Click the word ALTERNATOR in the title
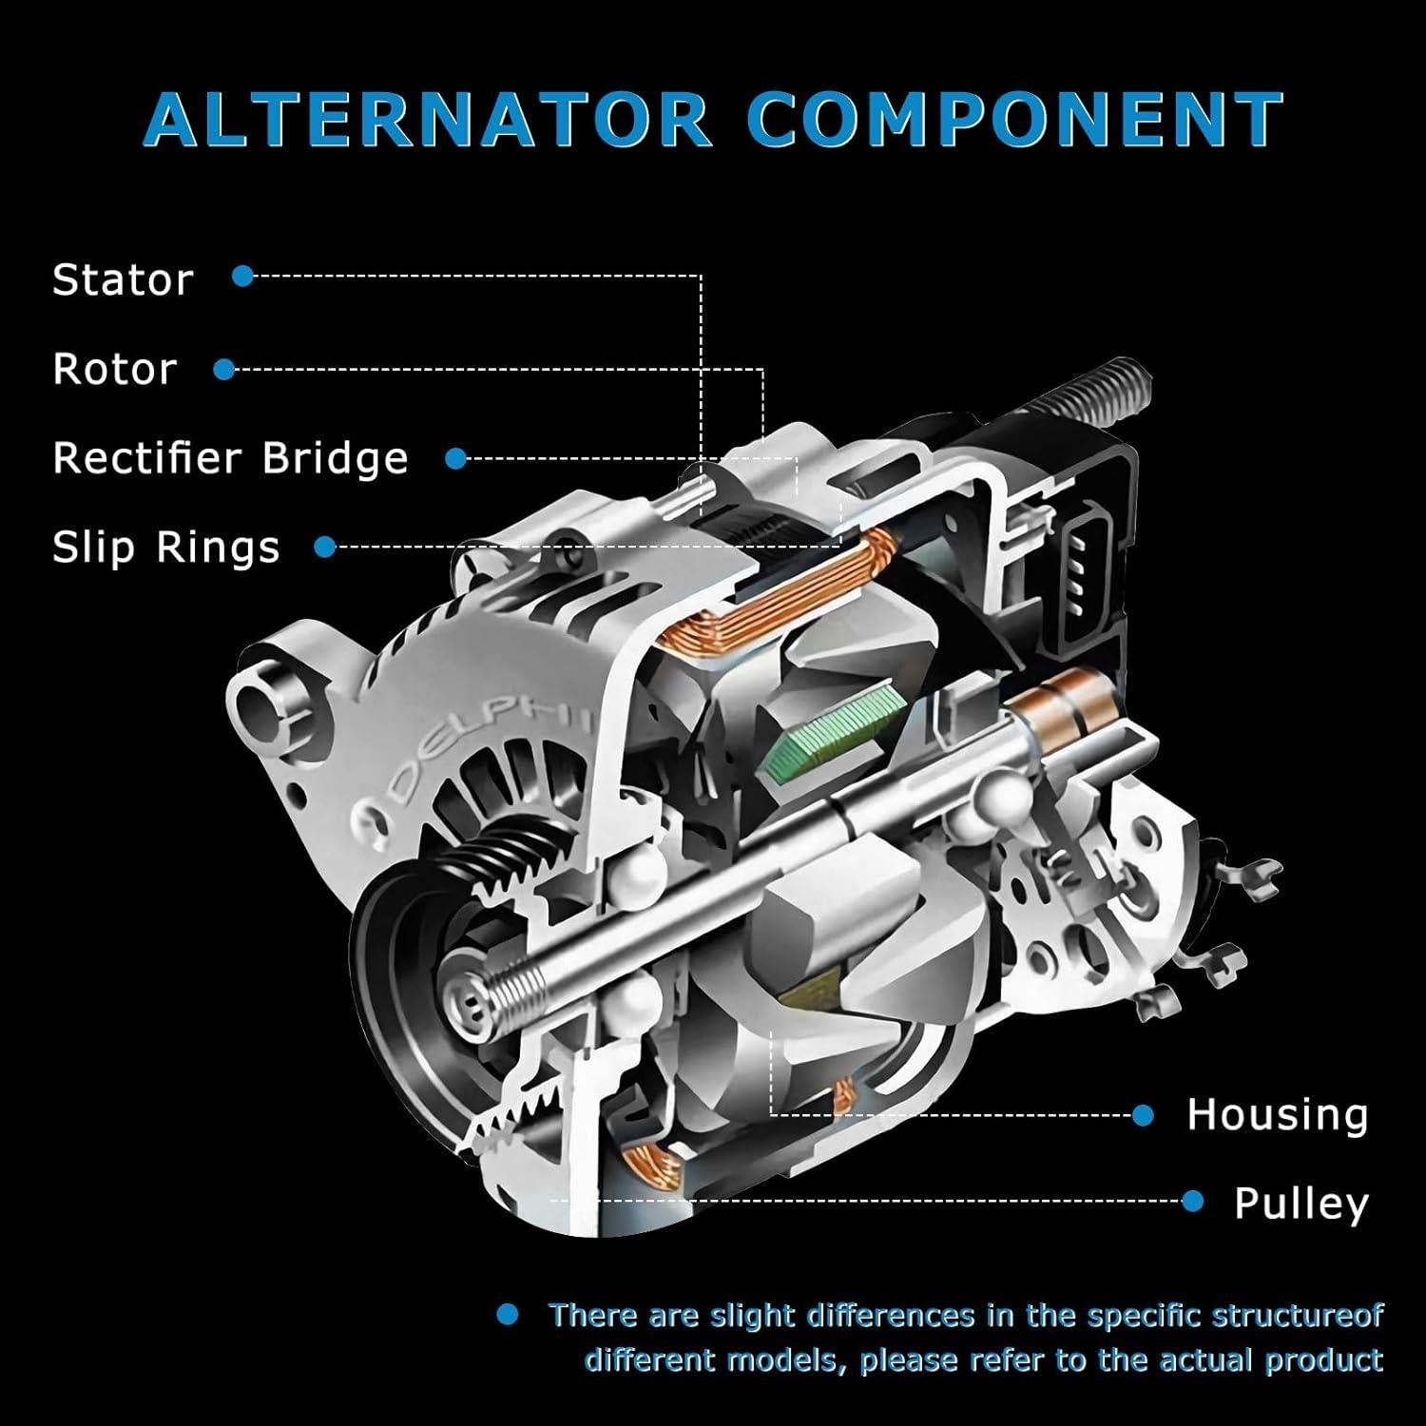tap(428, 120)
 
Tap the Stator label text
tap(123, 279)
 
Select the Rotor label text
tap(115, 369)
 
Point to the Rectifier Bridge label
tap(230, 458)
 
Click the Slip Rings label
tap(166, 548)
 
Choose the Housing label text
tap(1277, 1114)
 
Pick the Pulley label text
tap(1301, 1203)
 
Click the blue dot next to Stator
tap(243, 277)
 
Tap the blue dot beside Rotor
tap(224, 370)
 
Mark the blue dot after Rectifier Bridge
tap(456, 459)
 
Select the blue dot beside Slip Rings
tap(325, 547)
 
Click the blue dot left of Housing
tap(1144, 1115)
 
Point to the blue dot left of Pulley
tap(1193, 1203)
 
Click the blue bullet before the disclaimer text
tap(509, 1315)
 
